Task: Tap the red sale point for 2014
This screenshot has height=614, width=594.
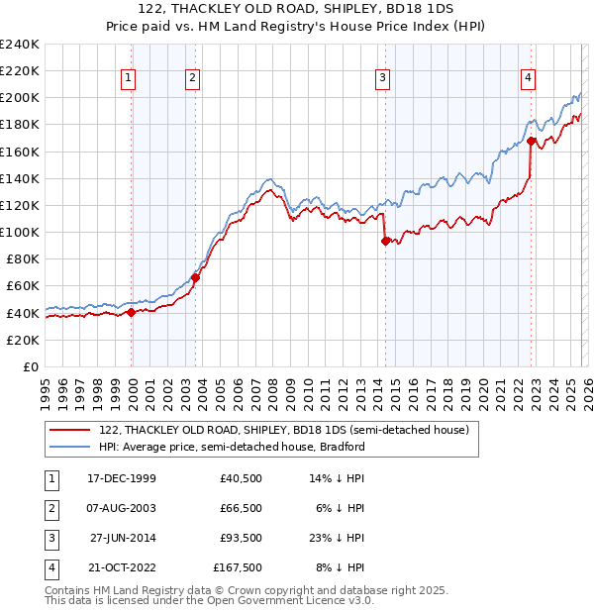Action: click(x=385, y=240)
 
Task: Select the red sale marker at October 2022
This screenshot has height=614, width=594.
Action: click(x=532, y=141)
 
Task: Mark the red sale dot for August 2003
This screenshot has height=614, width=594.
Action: click(x=195, y=277)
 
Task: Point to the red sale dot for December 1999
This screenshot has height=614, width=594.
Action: click(x=132, y=312)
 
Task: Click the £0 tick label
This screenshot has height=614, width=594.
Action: click(x=29, y=366)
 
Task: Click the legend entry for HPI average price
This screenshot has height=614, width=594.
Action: click(x=232, y=447)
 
